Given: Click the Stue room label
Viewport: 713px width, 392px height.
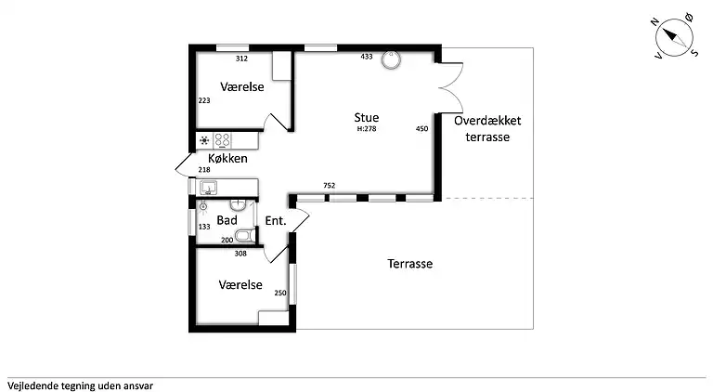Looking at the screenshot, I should point(366,117).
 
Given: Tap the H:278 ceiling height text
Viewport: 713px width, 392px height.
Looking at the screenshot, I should point(366,129).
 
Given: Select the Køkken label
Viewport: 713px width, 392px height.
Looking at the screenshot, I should point(227,159).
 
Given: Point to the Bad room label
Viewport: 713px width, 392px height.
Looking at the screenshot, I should point(227,220).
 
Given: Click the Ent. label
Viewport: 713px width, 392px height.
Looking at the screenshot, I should point(275,221).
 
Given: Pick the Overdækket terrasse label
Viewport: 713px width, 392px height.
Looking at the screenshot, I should point(487,129).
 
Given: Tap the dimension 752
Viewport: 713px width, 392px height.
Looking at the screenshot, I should point(329,186).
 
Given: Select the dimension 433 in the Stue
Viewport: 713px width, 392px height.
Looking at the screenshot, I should point(366,58).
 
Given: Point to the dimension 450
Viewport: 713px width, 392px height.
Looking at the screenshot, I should point(421,129).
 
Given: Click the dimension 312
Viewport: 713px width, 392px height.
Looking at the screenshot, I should point(241,59).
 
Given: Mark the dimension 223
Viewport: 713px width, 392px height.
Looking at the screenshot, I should point(204,100).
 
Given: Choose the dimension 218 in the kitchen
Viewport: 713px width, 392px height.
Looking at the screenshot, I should point(204,170).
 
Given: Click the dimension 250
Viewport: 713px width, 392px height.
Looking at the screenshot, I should point(280,294).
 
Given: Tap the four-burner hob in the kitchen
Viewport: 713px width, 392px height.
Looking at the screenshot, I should point(223,141).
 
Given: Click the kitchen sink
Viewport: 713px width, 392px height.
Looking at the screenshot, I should point(208,188).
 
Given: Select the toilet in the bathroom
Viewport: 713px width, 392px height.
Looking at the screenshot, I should point(244,234).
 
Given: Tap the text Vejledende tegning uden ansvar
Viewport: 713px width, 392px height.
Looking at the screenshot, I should point(80,385).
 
